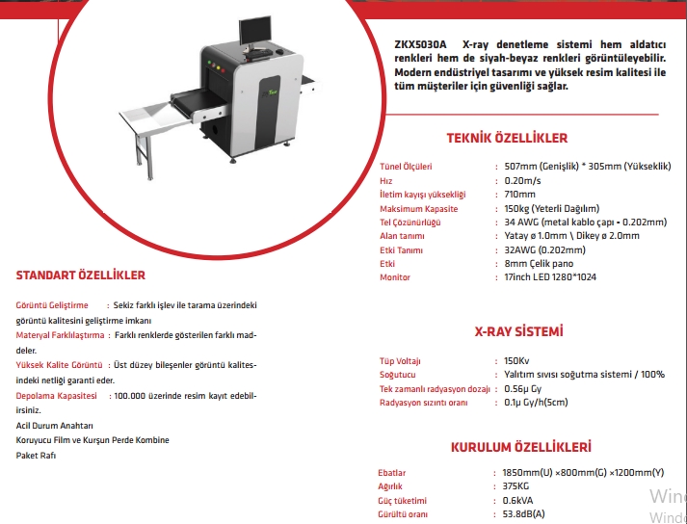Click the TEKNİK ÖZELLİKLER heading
520,138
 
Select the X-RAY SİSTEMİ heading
519,332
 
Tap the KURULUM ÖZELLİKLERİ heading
520,448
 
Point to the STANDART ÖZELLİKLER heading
81,275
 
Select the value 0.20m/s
522,180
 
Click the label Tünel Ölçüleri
406,166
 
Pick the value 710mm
519,194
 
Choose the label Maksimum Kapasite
418,208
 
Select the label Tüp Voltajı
401,361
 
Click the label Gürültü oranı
403,515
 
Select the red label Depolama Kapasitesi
57,396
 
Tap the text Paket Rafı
37,454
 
